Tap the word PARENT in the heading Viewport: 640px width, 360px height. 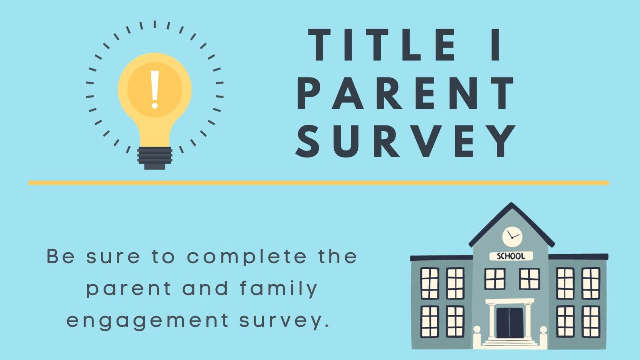pyautogui.click(x=407, y=94)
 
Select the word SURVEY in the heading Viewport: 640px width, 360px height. pyautogui.click(x=407, y=141)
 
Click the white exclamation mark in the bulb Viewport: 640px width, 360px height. pyautogui.click(x=154, y=89)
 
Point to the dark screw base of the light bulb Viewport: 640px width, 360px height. pyautogui.click(x=154, y=158)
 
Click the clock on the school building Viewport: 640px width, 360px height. pyautogui.click(x=512, y=236)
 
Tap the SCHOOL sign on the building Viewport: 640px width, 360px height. pyautogui.click(x=511, y=256)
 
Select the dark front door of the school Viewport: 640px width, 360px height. pyautogui.click(x=510, y=322)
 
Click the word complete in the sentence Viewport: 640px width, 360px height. pyautogui.click(x=246, y=257)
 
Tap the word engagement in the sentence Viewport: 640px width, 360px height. pyautogui.click(x=148, y=321)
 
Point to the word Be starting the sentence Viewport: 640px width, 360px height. pyautogui.click(x=61, y=256)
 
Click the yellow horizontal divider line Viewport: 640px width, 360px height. pyautogui.click(x=318, y=183)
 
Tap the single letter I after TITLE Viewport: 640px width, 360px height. pyautogui.click(x=498, y=45)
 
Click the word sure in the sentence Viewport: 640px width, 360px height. pyautogui.click(x=113, y=257)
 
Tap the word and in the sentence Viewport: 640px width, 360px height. pyautogui.click(x=206, y=289)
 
